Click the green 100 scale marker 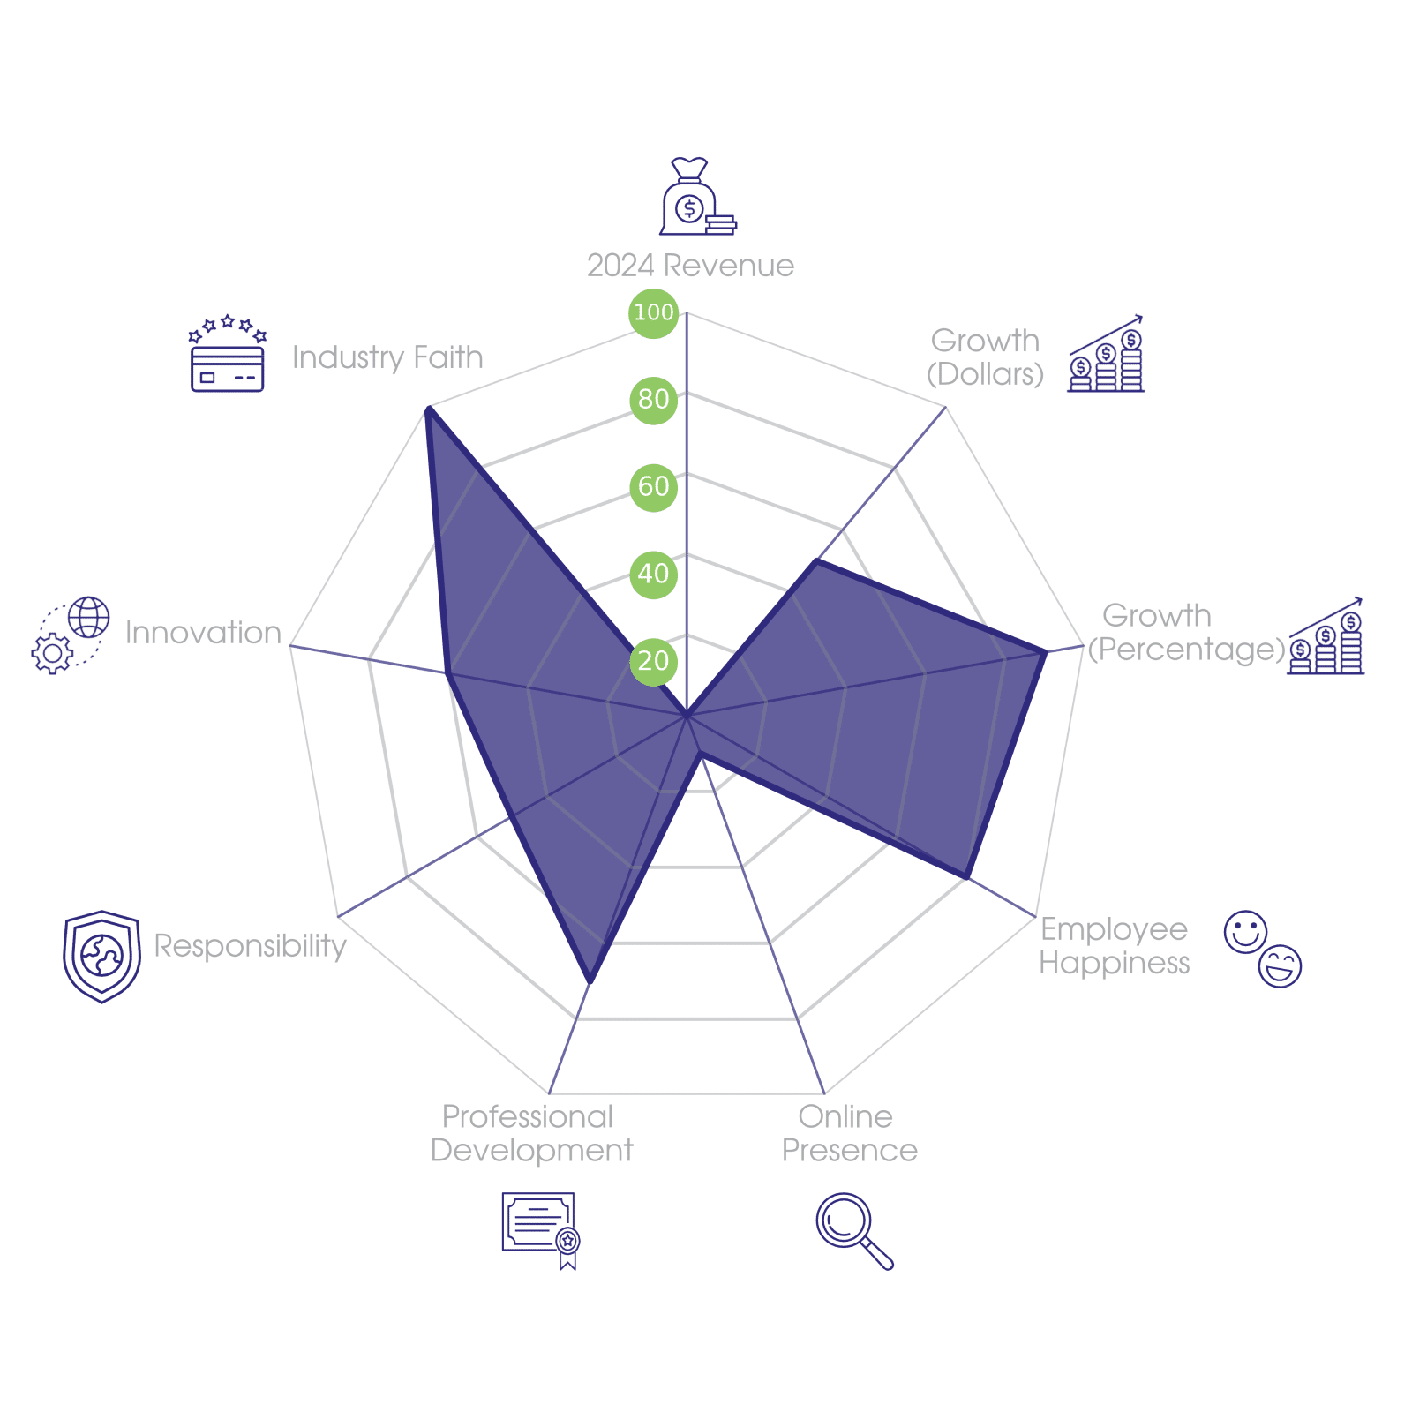click(x=653, y=312)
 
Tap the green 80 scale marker click(x=653, y=399)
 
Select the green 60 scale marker click(x=653, y=486)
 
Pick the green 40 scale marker click(x=653, y=574)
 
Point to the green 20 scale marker click(x=653, y=660)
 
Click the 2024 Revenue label click(x=690, y=266)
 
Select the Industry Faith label click(x=387, y=357)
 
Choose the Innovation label click(x=203, y=633)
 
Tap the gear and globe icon click(x=71, y=635)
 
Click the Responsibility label click(x=250, y=946)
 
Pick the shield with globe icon click(x=102, y=956)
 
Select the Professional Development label click(x=531, y=1134)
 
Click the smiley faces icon click(x=1263, y=949)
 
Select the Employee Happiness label click(x=1114, y=946)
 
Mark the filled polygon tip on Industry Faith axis click(x=428, y=408)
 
